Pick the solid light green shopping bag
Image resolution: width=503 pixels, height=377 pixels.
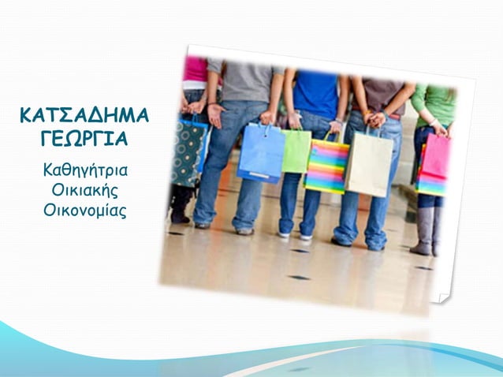(x=296, y=150)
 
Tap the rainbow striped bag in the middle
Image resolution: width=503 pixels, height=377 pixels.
(x=326, y=166)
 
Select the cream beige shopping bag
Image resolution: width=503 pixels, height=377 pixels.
(x=369, y=163)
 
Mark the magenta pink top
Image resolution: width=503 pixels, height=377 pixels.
(x=195, y=71)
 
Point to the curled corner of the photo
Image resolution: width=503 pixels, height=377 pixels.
(x=442, y=297)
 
